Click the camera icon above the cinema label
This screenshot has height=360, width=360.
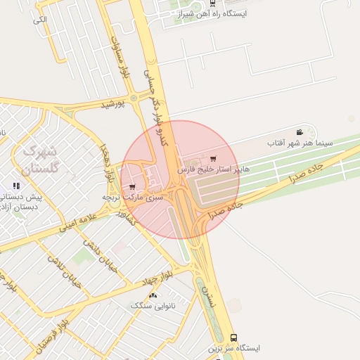[300, 132]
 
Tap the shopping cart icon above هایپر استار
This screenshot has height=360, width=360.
[213, 159]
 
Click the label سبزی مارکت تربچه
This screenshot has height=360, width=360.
[133, 198]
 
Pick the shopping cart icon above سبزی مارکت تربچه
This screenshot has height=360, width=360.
[133, 187]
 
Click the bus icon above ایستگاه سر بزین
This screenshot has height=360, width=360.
[234, 337]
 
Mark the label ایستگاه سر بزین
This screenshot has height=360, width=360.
[234, 348]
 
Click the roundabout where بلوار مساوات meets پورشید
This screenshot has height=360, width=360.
[133, 98]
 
